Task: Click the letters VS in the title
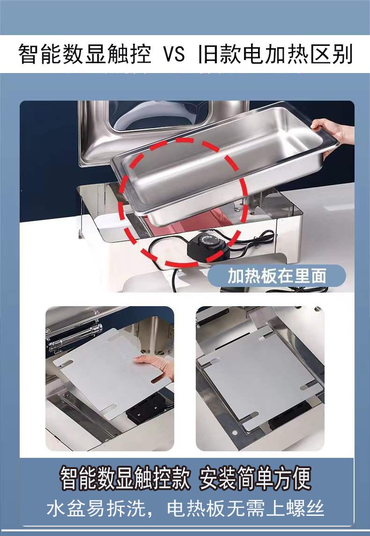point(174,54)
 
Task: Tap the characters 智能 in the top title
point(40,54)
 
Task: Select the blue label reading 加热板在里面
point(277,276)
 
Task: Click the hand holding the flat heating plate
point(155,365)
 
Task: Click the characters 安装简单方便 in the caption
point(255,478)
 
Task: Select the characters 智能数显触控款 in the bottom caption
point(125,478)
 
